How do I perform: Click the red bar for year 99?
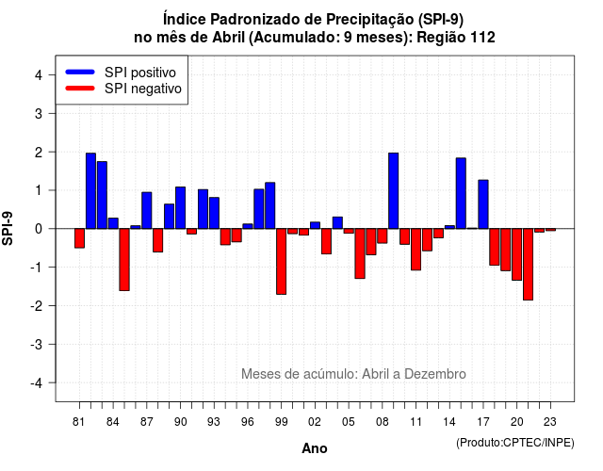(x=281, y=262)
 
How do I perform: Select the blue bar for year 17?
(x=483, y=204)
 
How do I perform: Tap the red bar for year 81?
(x=79, y=238)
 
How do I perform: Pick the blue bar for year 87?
(x=147, y=210)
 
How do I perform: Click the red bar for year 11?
(x=416, y=250)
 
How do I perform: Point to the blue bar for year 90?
(x=180, y=207)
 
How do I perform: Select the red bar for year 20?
(x=517, y=254)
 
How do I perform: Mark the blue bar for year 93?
(x=214, y=213)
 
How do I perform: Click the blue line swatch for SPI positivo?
(x=80, y=72)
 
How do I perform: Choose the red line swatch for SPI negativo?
(x=80, y=89)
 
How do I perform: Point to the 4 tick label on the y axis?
(x=39, y=75)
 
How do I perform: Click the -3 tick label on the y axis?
(x=36, y=345)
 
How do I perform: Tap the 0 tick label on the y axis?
(x=39, y=229)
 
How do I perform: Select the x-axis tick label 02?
(x=315, y=422)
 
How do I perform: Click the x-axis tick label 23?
(x=550, y=422)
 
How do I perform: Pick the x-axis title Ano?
(x=315, y=448)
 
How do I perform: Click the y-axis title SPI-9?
(x=8, y=228)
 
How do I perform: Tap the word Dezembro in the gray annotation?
(x=435, y=374)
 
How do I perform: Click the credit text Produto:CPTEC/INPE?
(x=515, y=443)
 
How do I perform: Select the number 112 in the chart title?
(x=482, y=38)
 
